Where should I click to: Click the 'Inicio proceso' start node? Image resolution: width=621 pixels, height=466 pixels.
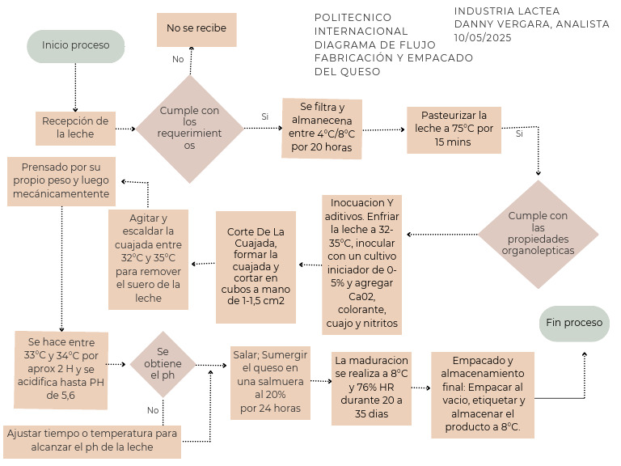(75, 46)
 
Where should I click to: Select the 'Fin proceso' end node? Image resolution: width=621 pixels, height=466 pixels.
(574, 323)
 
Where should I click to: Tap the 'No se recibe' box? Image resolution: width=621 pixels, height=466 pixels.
(196, 28)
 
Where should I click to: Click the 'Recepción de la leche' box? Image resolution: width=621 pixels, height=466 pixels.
(75, 128)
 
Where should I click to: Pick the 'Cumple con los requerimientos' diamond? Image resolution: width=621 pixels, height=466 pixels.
(189, 128)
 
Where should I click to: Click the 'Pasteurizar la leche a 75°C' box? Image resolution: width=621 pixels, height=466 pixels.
(454, 129)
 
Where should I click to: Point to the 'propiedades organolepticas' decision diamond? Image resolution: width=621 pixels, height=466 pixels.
(538, 234)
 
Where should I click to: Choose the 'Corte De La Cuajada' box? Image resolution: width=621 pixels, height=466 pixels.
(256, 261)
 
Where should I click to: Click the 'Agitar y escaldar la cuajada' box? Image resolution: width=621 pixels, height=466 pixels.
(148, 259)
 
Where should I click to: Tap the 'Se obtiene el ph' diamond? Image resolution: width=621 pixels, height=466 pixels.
(163, 364)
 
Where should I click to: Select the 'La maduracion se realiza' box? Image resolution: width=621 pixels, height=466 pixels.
(371, 387)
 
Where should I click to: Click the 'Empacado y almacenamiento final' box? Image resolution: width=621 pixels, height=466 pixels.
(482, 395)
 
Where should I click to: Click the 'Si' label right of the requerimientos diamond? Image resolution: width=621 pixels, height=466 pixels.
(264, 116)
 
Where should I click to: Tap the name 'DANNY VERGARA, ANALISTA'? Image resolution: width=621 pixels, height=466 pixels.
(531, 24)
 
